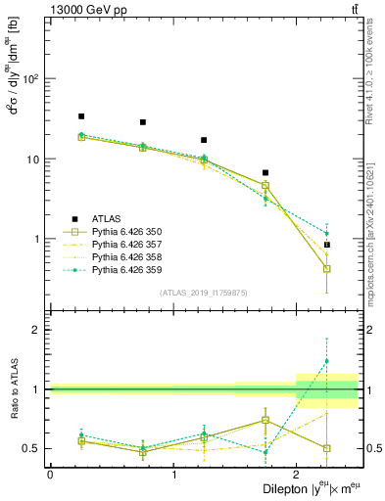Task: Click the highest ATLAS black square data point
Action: pos(81,116)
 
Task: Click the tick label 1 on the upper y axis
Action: pos(40,239)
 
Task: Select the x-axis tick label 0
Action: pos(50,474)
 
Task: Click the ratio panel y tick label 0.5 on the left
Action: pos(32,448)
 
